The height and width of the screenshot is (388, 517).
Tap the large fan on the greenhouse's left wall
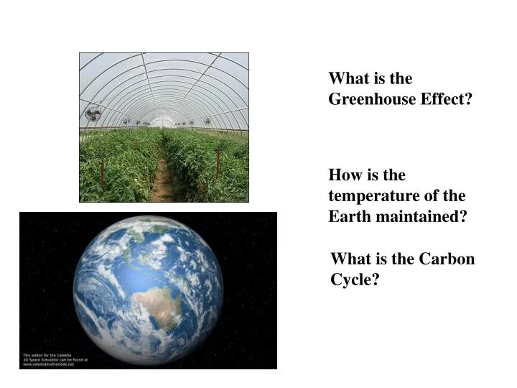pos(93,113)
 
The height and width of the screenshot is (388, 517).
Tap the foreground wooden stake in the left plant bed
pos(103,172)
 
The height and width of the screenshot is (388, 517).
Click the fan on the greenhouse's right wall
pos(208,121)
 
